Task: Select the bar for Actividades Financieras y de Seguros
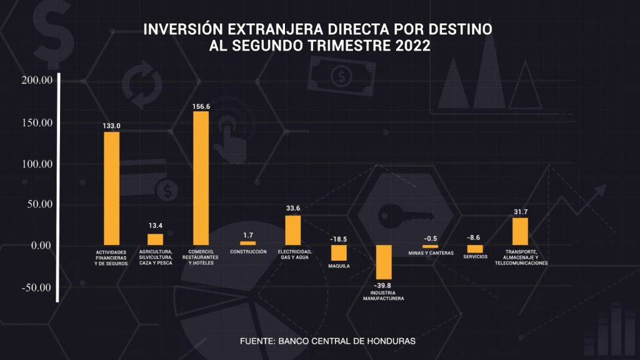(111, 188)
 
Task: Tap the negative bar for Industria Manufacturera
(383, 262)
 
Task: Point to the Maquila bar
(339, 252)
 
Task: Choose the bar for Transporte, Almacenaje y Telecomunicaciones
(520, 231)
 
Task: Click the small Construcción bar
(247, 243)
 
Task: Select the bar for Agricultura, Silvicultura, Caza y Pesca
(155, 239)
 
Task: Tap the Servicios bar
(475, 249)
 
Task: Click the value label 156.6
(201, 106)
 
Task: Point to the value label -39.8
(383, 286)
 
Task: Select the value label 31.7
(521, 212)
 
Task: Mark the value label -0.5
(430, 239)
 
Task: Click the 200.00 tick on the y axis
(36, 80)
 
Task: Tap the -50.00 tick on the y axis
(36, 287)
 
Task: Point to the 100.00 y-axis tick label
(36, 164)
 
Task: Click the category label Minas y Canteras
(430, 253)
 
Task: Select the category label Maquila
(339, 266)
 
